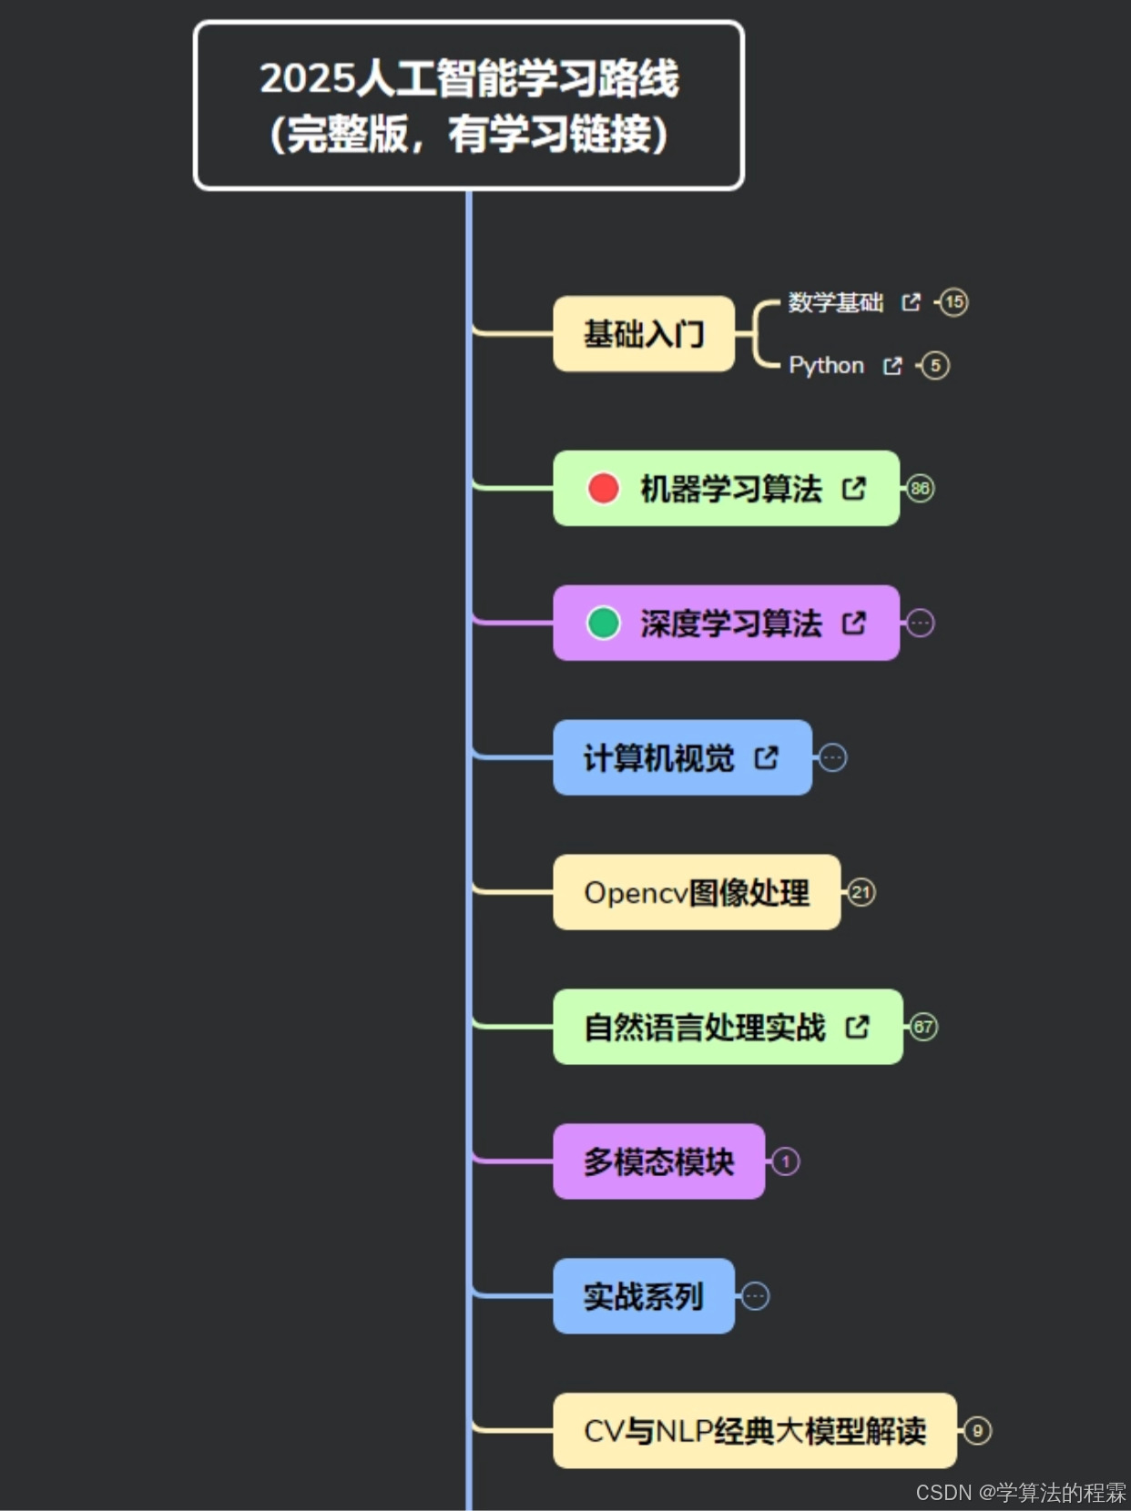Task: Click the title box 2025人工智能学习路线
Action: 469,106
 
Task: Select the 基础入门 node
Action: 643,334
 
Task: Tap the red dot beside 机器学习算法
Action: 603,488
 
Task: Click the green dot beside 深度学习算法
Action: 603,623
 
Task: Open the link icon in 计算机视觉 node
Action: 767,757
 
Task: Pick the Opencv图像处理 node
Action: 696,892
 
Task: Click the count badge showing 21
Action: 861,892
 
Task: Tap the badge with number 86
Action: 920,488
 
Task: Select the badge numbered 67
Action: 923,1027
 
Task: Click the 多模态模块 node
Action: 658,1161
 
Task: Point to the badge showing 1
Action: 785,1161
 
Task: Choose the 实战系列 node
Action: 643,1296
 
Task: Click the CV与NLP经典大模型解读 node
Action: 754,1431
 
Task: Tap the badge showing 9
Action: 977,1431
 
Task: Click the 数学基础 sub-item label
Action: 835,302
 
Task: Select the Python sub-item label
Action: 826,366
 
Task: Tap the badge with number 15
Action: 953,302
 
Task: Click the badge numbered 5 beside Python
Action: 935,366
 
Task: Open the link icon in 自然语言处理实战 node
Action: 858,1027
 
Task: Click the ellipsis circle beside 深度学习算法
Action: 920,623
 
